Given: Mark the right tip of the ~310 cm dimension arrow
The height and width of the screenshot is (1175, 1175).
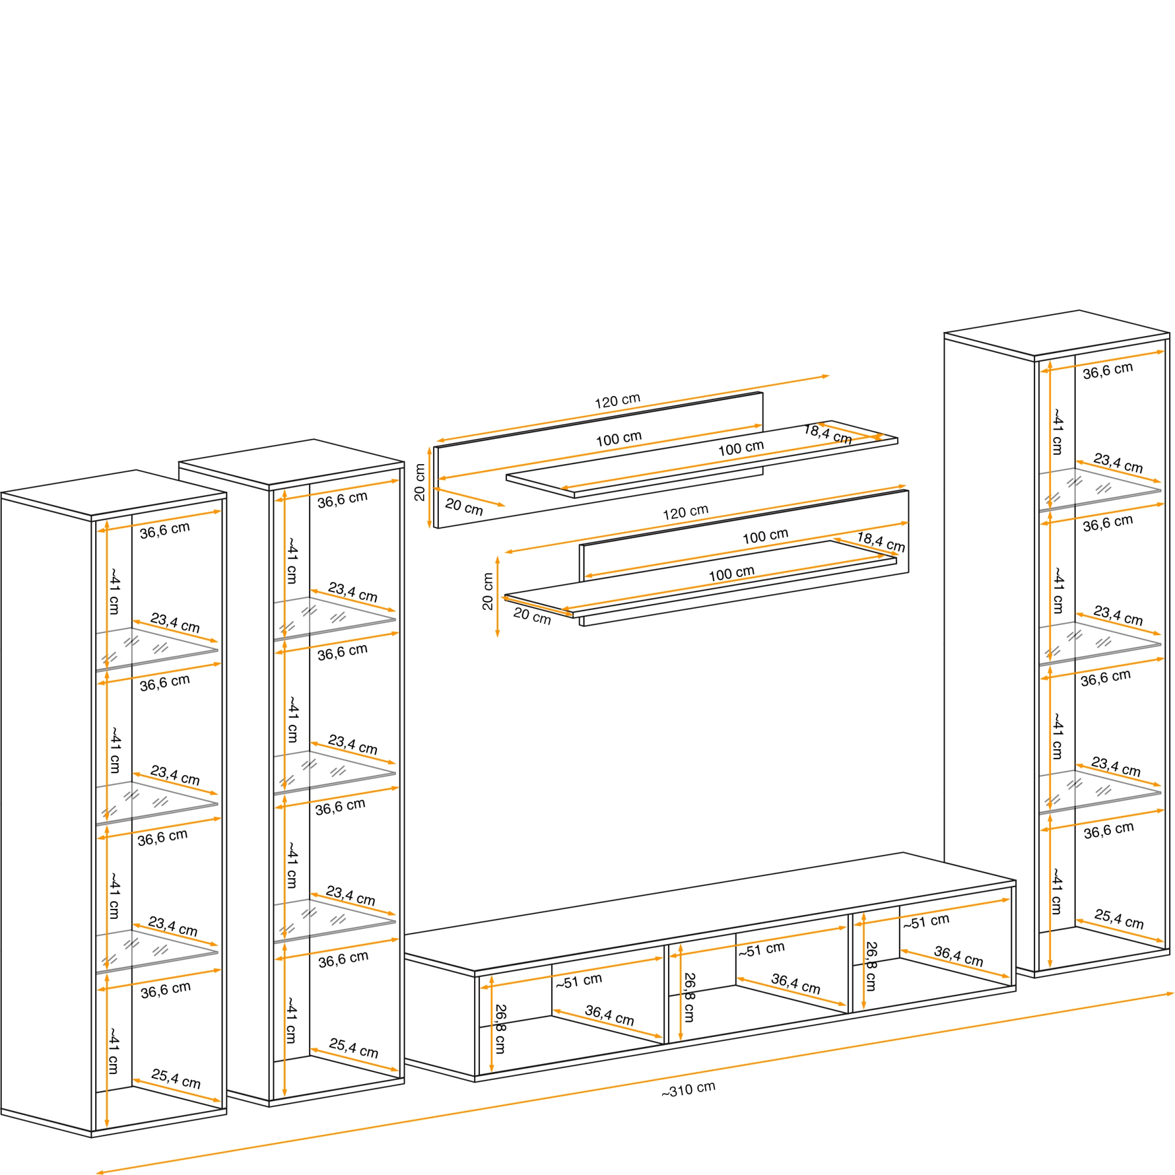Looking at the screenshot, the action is click(x=1174, y=994).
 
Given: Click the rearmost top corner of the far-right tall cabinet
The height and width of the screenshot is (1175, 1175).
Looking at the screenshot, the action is click(x=1079, y=310).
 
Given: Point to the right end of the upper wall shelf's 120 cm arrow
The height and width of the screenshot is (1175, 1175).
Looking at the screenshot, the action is click(x=830, y=376).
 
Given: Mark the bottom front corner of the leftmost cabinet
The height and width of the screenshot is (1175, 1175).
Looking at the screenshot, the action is click(x=91, y=1137).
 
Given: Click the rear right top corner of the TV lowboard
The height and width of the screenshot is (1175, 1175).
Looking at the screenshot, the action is click(x=903, y=852).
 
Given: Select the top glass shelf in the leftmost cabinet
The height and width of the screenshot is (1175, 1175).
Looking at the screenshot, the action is click(x=156, y=649).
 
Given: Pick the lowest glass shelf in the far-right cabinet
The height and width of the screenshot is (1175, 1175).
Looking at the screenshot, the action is click(x=1100, y=793).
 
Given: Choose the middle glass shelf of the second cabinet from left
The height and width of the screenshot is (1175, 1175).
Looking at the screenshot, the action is click(x=334, y=773).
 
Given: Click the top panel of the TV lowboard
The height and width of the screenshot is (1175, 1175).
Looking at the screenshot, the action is click(x=710, y=911).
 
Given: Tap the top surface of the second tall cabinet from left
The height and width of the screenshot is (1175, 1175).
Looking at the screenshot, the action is click(x=291, y=462).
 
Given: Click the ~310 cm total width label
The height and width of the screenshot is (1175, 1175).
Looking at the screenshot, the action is click(x=689, y=1089).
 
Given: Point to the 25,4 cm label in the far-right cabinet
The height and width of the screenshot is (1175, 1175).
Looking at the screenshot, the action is click(x=1119, y=918).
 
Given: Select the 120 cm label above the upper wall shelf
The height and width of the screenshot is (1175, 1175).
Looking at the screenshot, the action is click(x=617, y=401).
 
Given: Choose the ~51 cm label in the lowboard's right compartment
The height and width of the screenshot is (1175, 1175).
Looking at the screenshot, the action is click(x=926, y=922).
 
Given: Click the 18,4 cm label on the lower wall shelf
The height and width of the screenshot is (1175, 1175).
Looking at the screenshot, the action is click(x=881, y=542).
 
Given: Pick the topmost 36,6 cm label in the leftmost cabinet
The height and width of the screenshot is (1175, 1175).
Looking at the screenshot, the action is click(x=165, y=531).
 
